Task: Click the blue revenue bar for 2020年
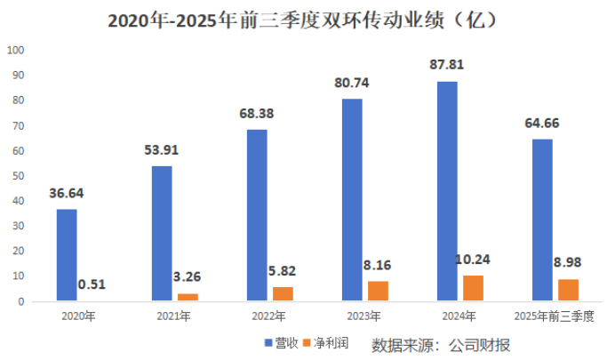pyautogui.click(x=67, y=255)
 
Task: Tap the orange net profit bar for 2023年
pyautogui.click(x=378, y=292)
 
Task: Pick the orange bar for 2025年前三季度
pyautogui.click(x=568, y=290)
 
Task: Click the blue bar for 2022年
pyautogui.click(x=257, y=215)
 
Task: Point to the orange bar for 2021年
pyautogui.click(x=188, y=298)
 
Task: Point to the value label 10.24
pyautogui.click(x=473, y=260)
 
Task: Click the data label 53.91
pyautogui.click(x=163, y=149)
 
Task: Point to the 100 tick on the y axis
pyautogui.click(x=15, y=49)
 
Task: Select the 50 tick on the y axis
pyautogui.click(x=18, y=176)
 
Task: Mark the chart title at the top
pyautogui.click(x=307, y=20)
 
